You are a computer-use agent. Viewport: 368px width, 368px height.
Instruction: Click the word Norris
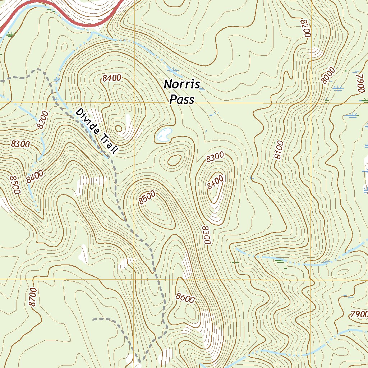181,84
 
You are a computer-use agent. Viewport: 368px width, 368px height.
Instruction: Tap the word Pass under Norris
182,99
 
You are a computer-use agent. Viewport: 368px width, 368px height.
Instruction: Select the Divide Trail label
97,132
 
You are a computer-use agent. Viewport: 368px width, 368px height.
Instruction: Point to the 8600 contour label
185,298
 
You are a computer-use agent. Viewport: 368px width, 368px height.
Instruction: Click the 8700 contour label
33,297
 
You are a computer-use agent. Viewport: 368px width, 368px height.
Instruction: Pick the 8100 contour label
279,150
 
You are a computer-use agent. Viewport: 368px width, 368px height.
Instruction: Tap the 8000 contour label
328,75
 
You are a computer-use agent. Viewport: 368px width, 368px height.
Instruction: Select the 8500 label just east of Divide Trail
147,197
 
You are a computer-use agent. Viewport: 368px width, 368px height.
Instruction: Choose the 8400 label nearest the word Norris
111,78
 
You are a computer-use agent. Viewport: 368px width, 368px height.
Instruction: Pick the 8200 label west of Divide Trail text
42,120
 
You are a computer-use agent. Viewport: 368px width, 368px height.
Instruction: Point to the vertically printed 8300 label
206,235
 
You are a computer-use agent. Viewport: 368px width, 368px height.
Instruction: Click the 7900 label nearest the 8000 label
361,83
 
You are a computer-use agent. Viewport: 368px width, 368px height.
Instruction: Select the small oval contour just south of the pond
175,160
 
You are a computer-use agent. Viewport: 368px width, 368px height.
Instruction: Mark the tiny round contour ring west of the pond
118,128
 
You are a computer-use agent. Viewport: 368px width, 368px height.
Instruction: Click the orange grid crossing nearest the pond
134,103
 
